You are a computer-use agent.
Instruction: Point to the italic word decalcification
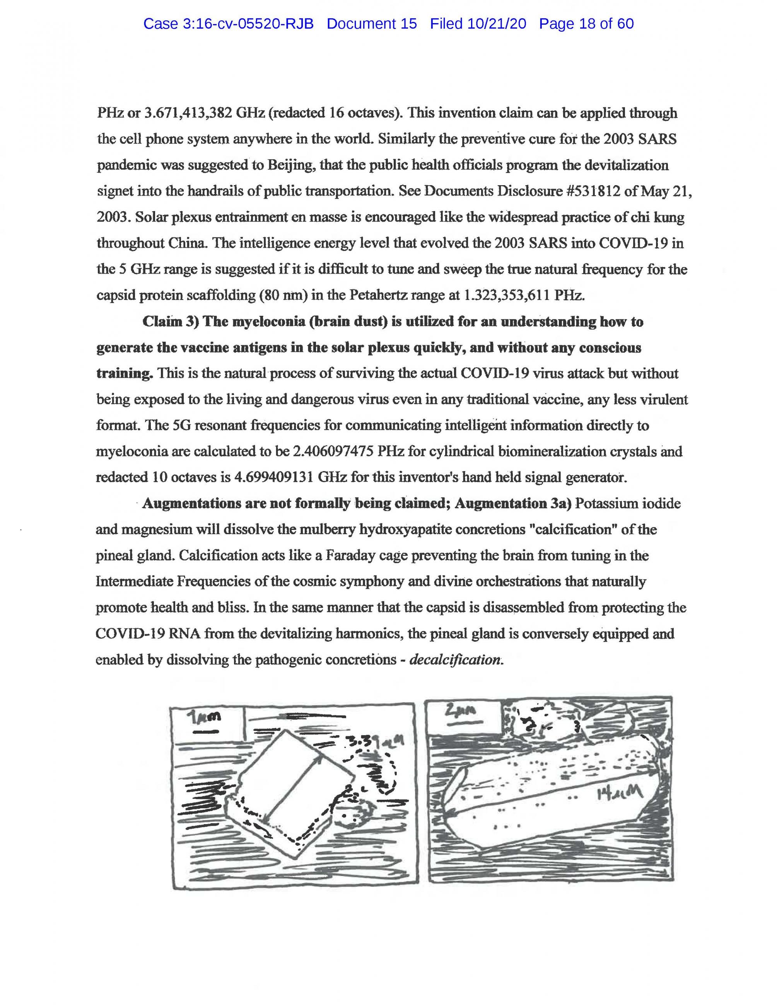pyautogui.click(x=454, y=659)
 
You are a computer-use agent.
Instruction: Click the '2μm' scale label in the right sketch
pyautogui.click(x=460, y=712)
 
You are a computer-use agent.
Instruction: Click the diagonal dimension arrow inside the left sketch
pyautogui.click(x=293, y=790)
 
